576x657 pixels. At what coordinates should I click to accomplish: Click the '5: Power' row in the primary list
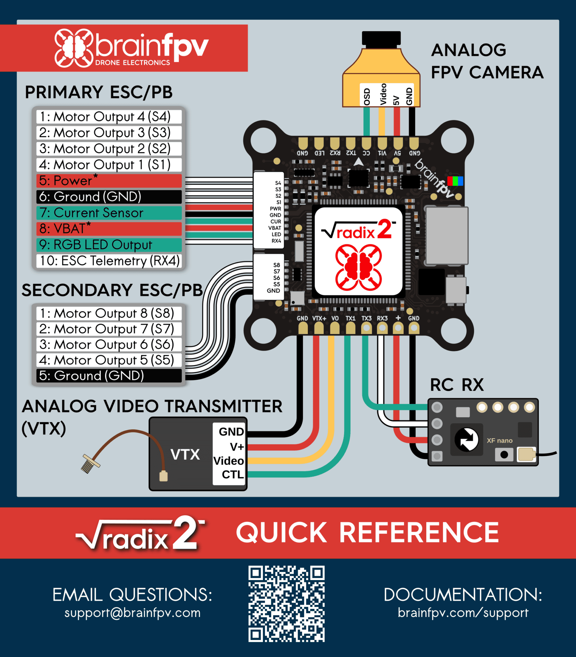coord(109,181)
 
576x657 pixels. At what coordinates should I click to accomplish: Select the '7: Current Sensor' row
coord(109,213)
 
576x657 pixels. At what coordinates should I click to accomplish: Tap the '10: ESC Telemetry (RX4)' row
coord(109,261)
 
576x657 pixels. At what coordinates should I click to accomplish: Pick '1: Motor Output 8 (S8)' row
coord(109,313)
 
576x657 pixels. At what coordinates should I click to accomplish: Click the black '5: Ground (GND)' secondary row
coord(109,375)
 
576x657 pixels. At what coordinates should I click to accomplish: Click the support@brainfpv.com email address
coord(132,613)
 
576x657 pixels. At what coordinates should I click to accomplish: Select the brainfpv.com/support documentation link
coord(463,613)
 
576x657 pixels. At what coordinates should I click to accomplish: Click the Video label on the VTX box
coord(229,461)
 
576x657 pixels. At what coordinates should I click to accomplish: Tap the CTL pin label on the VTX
coord(233,475)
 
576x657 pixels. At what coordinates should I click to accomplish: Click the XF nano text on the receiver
coord(499,441)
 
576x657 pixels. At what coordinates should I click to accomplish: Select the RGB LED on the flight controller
coord(455,181)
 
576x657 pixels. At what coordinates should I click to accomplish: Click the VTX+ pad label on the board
coord(319,318)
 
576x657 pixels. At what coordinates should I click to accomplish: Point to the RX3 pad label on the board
coord(382,318)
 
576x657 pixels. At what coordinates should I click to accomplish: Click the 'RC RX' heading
coord(457,385)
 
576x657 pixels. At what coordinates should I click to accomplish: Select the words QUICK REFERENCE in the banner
coord(368,533)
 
